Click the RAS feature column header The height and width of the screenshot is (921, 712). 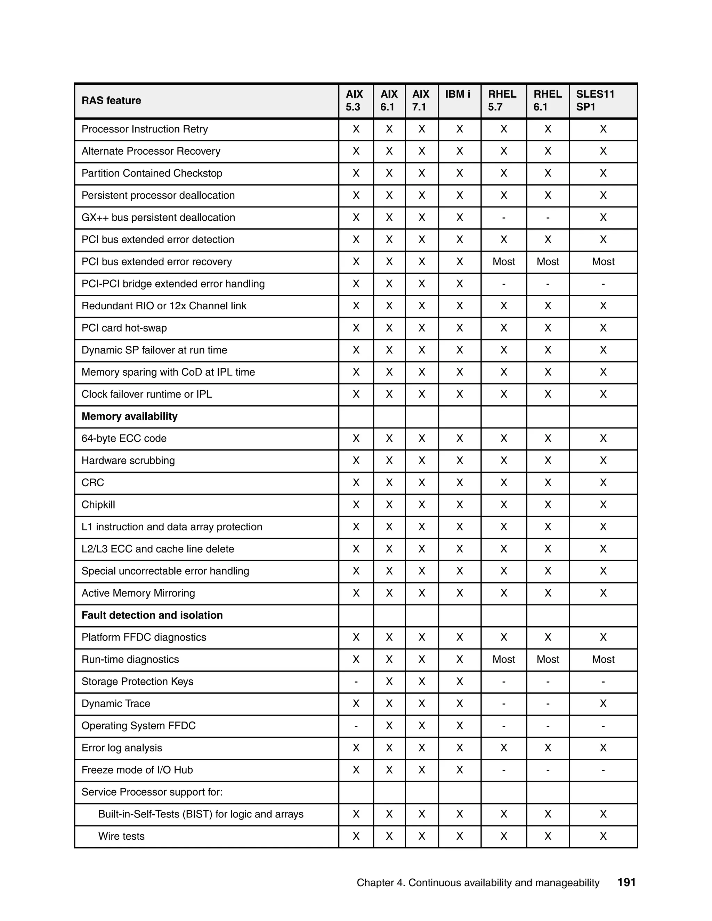[x=111, y=101]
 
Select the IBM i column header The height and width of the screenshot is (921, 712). [x=457, y=95]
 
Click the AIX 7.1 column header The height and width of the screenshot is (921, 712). [x=421, y=101]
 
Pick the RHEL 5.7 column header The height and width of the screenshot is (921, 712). [x=502, y=101]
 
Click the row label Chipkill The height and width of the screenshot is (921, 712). [x=98, y=505]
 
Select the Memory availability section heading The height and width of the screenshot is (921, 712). [x=129, y=417]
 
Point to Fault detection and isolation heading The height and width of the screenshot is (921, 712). [x=152, y=615]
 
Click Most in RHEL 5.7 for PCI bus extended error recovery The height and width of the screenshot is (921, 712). [x=504, y=262]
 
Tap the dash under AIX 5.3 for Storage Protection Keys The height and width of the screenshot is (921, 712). [x=356, y=682]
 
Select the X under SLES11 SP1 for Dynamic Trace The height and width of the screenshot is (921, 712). [x=603, y=704]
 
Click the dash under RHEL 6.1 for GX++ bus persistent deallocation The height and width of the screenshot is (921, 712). [x=548, y=218]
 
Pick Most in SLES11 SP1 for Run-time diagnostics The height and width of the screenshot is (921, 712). [x=603, y=660]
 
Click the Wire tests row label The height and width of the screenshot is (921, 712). [x=121, y=836]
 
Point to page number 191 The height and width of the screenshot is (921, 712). [x=626, y=882]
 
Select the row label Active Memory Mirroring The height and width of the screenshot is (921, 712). [x=138, y=593]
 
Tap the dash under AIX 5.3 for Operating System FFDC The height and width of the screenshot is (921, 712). [x=356, y=726]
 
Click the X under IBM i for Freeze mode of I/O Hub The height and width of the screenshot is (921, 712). [x=460, y=770]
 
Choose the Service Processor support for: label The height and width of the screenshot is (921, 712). [x=152, y=792]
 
